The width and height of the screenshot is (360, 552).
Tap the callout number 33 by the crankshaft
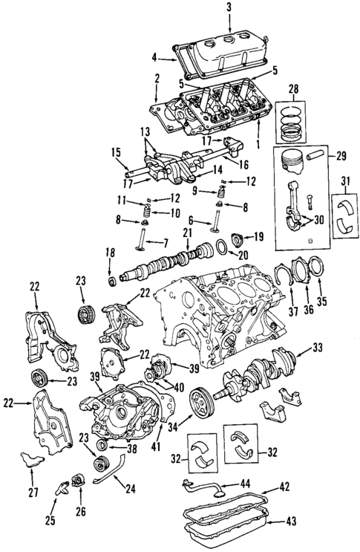click(318, 346)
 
